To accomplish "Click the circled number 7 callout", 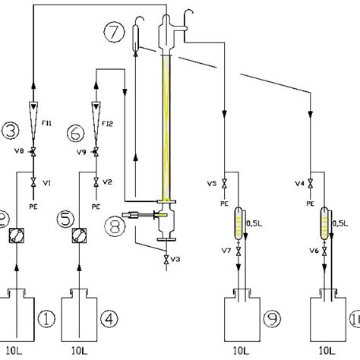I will (113, 33).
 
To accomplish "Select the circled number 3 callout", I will (11, 131).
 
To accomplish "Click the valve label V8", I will (21, 151).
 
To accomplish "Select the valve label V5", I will (213, 183).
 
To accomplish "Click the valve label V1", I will (46, 183).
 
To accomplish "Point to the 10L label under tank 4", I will (82, 350).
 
